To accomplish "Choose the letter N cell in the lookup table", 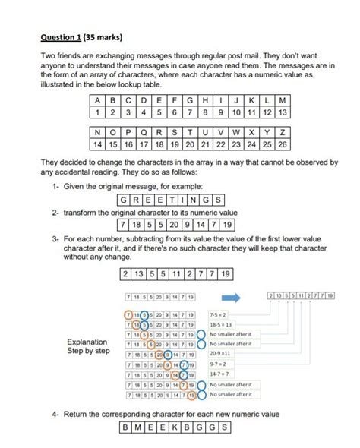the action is (96, 131).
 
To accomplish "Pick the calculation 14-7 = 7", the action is (220, 374).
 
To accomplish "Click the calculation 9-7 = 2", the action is (219, 364).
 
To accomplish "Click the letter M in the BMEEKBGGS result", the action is (137, 427).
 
